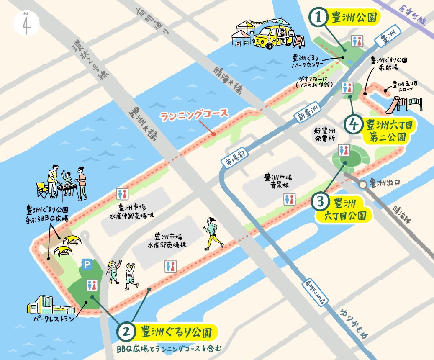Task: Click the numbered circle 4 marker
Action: tap(354, 124)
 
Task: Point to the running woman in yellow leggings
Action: tap(212, 233)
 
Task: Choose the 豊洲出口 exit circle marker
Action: tap(362, 184)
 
